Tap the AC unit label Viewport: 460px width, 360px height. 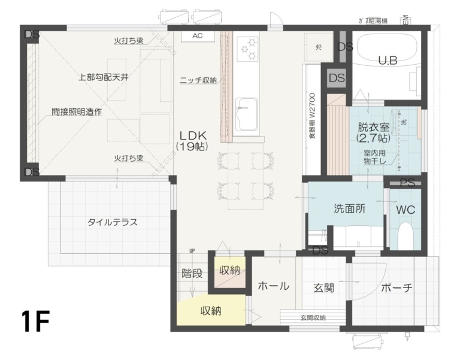197,36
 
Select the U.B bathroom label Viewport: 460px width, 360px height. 388,60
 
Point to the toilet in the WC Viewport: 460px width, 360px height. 405,235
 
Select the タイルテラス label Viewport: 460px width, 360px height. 113,222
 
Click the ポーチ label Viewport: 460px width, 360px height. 397,288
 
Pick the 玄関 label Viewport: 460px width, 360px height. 323,288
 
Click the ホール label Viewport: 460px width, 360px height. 273,286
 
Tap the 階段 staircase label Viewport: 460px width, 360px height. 192,274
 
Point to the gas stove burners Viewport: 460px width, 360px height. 247,49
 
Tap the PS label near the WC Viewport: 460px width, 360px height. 407,183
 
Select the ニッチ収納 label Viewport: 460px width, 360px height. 198,80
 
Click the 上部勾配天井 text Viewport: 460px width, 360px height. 103,77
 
